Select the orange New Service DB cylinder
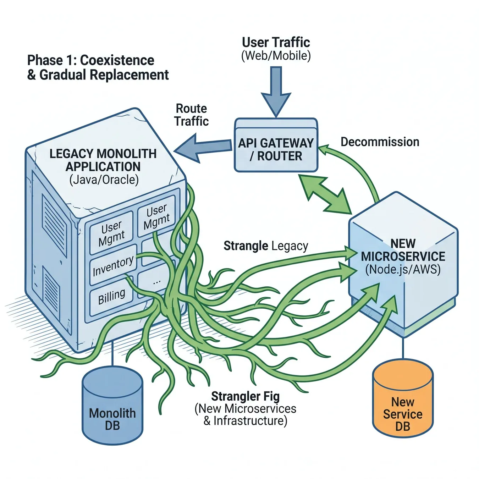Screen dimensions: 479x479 tap(403, 398)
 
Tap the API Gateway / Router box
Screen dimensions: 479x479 tap(276, 145)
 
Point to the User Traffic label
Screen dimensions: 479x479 tap(276, 42)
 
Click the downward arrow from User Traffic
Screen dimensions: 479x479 tap(276, 92)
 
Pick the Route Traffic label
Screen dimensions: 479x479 tap(191, 115)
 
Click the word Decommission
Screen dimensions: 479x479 tap(380, 142)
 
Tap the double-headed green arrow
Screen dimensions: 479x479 tap(325, 195)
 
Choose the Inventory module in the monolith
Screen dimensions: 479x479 tap(113, 265)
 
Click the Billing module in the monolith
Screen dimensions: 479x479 tap(111, 296)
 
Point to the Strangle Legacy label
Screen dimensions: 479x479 tap(266, 246)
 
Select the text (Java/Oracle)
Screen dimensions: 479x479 tap(104, 180)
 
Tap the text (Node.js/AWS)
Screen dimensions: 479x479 tap(403, 269)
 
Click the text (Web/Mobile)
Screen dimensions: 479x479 tap(276, 55)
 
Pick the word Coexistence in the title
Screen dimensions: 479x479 tap(117, 60)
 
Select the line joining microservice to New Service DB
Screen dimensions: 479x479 tap(403, 347)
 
